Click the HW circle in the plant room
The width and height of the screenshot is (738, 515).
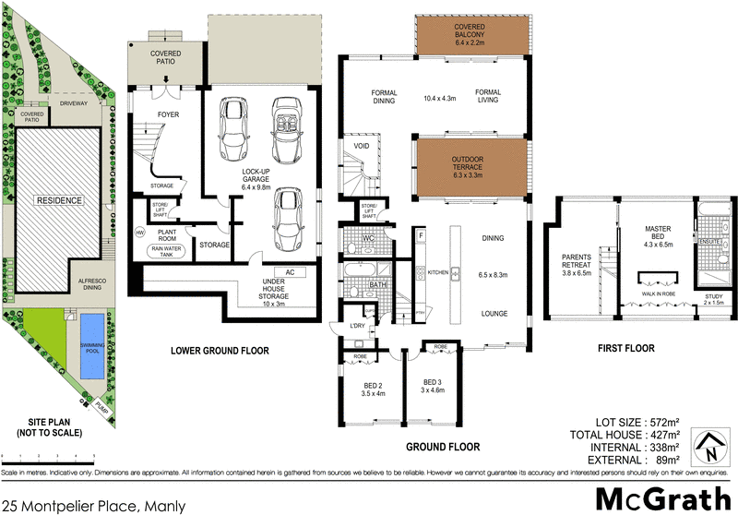[x=141, y=233]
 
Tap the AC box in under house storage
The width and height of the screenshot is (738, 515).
[x=289, y=272]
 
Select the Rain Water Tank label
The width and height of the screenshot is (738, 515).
[x=173, y=249]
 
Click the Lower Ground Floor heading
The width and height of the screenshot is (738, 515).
[x=220, y=351]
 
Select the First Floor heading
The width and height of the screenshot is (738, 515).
[x=625, y=348]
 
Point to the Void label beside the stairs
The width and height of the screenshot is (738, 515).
[x=362, y=147]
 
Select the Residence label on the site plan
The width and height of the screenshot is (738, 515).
[x=59, y=200]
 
